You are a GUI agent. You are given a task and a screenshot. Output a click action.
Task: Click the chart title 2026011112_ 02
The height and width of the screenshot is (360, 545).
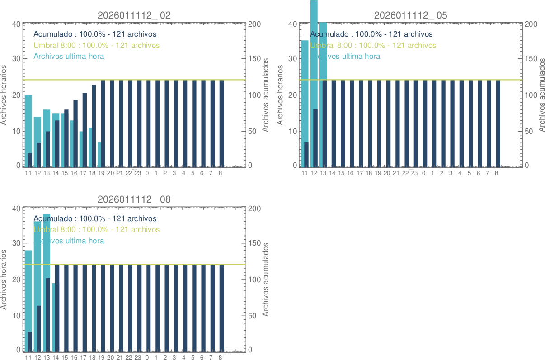tap(134, 15)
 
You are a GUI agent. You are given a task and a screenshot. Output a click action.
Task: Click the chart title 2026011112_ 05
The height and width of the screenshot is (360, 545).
tap(411, 15)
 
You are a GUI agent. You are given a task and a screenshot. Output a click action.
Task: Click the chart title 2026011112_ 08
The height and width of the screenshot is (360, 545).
tap(134, 199)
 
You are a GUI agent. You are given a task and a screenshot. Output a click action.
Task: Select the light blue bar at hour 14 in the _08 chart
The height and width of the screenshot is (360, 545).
tap(53, 317)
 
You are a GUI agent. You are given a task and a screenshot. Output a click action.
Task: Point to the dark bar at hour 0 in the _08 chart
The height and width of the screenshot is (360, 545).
tap(148, 308)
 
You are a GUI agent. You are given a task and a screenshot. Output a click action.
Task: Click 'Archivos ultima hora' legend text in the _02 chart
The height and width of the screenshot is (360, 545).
tap(69, 57)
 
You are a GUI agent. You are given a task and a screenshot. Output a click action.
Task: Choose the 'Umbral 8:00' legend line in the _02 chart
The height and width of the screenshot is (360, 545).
tap(96, 45)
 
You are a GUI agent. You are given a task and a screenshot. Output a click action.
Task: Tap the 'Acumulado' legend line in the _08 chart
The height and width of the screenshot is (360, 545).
tap(95, 219)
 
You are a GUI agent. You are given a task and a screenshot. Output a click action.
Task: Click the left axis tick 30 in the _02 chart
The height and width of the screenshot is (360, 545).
tap(16, 59)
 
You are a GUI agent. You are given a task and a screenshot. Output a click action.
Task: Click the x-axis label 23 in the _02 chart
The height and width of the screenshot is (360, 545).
tap(138, 173)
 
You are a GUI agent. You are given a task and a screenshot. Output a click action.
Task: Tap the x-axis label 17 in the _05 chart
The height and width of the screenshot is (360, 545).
tap(360, 173)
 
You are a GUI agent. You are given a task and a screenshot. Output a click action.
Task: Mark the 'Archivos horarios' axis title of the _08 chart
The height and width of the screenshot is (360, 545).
tap(4, 280)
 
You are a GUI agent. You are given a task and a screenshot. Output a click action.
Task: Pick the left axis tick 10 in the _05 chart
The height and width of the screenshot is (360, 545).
tap(292, 131)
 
